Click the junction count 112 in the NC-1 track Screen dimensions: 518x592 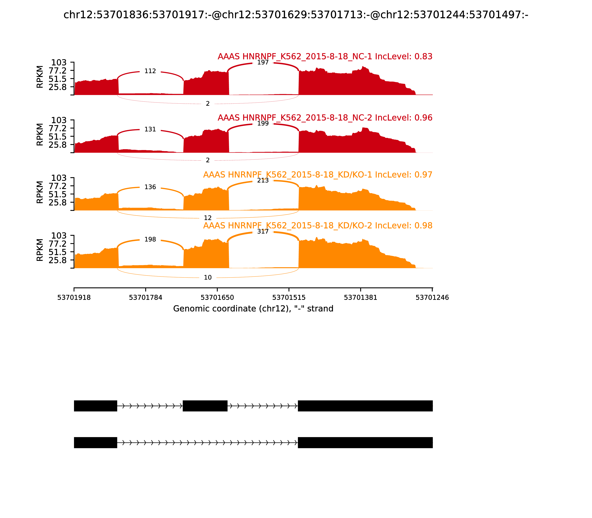pyautogui.click(x=150, y=71)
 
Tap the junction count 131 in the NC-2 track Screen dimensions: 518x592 pyautogui.click(x=150, y=129)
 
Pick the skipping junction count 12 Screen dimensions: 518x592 pyautogui.click(x=208, y=218)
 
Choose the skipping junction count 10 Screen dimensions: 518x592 pyautogui.click(x=208, y=277)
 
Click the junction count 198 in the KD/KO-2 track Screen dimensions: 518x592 pyautogui.click(x=150, y=239)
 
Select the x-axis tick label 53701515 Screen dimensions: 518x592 pyautogui.click(x=289, y=297)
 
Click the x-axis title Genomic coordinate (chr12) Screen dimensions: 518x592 pyautogui.click(x=253, y=309)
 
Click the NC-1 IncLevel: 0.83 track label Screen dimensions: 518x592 pyautogui.click(x=325, y=56)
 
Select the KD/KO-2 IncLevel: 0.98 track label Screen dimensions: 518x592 pyautogui.click(x=318, y=226)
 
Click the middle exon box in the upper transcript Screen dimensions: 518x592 pyautogui.click(x=205, y=406)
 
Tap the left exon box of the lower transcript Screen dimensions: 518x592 pyautogui.click(x=95, y=443)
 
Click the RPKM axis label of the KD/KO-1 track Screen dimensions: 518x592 pyautogui.click(x=40, y=192)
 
